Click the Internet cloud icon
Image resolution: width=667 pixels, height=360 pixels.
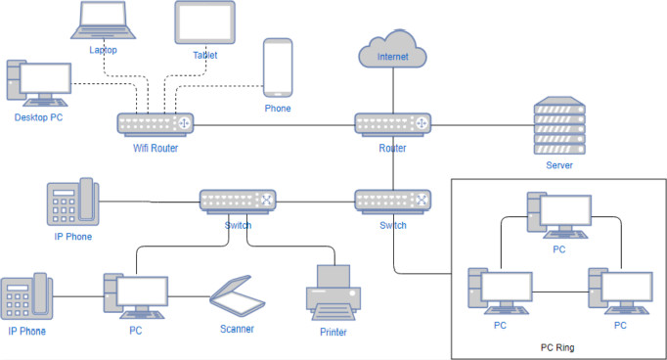[x=392, y=48]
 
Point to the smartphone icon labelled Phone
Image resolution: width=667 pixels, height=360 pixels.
[x=278, y=67]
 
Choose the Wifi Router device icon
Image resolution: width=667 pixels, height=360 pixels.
[x=156, y=124]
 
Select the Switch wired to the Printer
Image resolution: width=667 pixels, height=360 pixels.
[x=238, y=202]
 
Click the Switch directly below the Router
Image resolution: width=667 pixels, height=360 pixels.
[x=392, y=202]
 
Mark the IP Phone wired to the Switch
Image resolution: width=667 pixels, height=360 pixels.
[x=73, y=202]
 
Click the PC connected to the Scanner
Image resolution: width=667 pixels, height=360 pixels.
[x=136, y=294]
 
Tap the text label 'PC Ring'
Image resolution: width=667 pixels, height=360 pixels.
[x=559, y=347]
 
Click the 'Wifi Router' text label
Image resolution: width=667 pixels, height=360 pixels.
[x=156, y=148]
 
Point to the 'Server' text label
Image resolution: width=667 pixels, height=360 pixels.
[x=558, y=165]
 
